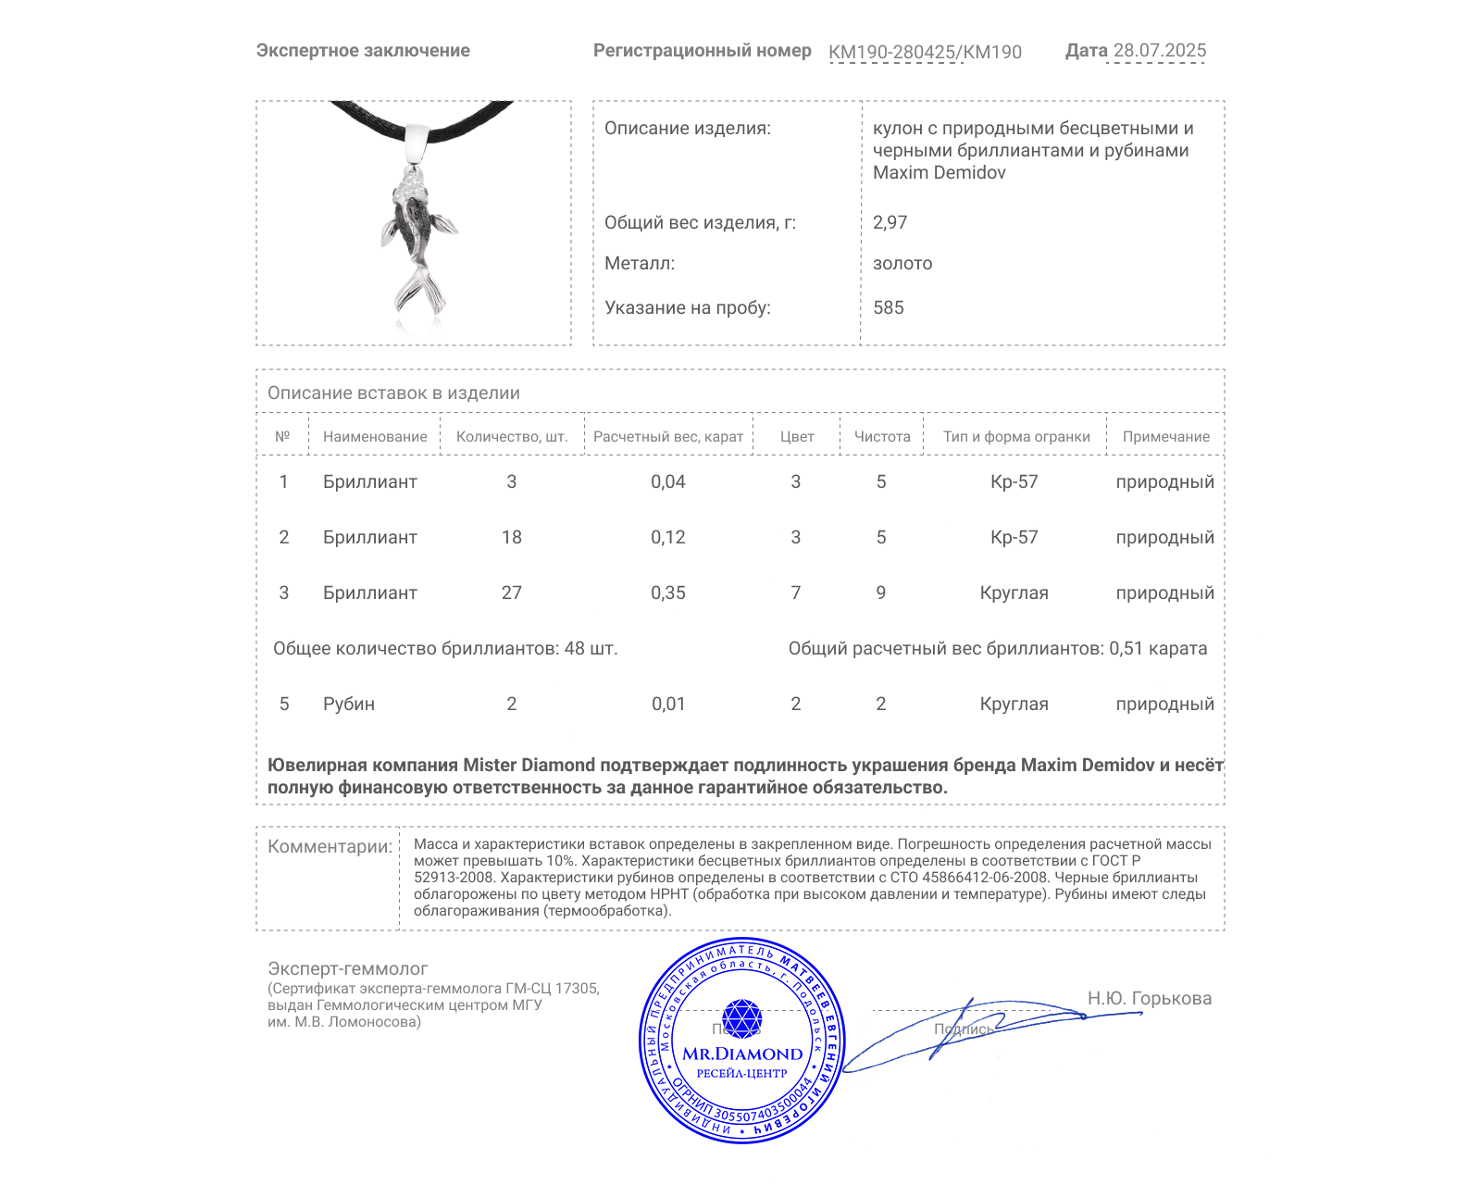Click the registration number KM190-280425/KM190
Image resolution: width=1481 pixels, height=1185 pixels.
tap(925, 53)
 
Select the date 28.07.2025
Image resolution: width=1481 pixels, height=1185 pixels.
tap(1159, 51)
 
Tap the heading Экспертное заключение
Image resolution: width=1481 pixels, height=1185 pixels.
tap(363, 51)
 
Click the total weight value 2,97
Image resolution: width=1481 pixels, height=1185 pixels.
tap(890, 222)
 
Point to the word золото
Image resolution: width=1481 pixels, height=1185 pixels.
tap(902, 264)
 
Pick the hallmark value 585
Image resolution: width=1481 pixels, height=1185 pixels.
tap(889, 308)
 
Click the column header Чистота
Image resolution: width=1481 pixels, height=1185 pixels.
tap(882, 437)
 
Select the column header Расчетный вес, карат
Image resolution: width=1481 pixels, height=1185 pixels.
tap(668, 437)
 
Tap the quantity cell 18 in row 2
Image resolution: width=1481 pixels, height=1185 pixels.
tap(512, 538)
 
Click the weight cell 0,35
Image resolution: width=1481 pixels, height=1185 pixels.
tap(668, 593)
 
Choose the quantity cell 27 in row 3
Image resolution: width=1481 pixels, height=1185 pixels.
tap(512, 593)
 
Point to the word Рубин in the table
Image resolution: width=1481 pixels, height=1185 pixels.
tap(349, 705)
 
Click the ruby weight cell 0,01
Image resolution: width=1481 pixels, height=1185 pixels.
tap(668, 705)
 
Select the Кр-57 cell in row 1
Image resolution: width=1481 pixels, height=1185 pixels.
tap(1014, 482)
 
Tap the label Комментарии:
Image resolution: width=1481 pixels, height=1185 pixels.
tap(330, 847)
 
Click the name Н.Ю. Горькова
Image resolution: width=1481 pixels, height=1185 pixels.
tap(1150, 999)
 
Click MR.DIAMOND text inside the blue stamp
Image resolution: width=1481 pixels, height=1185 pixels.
tap(742, 1054)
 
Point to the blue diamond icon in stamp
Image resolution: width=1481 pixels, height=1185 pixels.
tap(741, 1018)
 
